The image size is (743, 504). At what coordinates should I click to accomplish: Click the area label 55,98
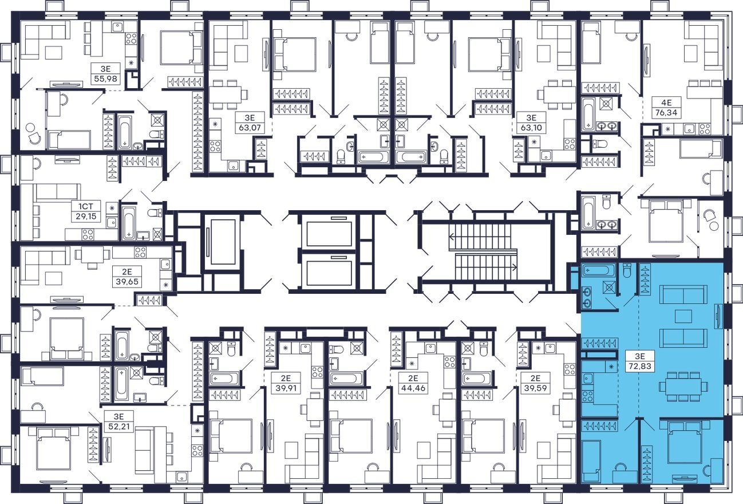point(105,78)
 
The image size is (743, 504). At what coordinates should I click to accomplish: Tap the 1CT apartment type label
point(86,207)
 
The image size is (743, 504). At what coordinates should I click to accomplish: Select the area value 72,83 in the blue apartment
point(640,367)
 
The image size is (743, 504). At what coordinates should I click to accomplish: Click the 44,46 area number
point(413,387)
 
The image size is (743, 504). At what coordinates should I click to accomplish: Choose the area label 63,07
point(250,127)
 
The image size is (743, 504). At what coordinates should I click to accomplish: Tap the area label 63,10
point(531,127)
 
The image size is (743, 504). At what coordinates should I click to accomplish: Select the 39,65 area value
point(127,282)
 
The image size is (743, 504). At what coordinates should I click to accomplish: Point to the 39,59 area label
point(535,387)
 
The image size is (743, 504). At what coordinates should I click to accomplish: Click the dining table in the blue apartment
point(683,387)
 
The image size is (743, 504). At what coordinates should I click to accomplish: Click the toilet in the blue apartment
point(627,270)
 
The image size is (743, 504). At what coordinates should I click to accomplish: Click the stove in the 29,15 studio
point(88,234)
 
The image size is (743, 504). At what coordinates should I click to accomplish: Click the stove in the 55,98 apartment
point(131,39)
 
